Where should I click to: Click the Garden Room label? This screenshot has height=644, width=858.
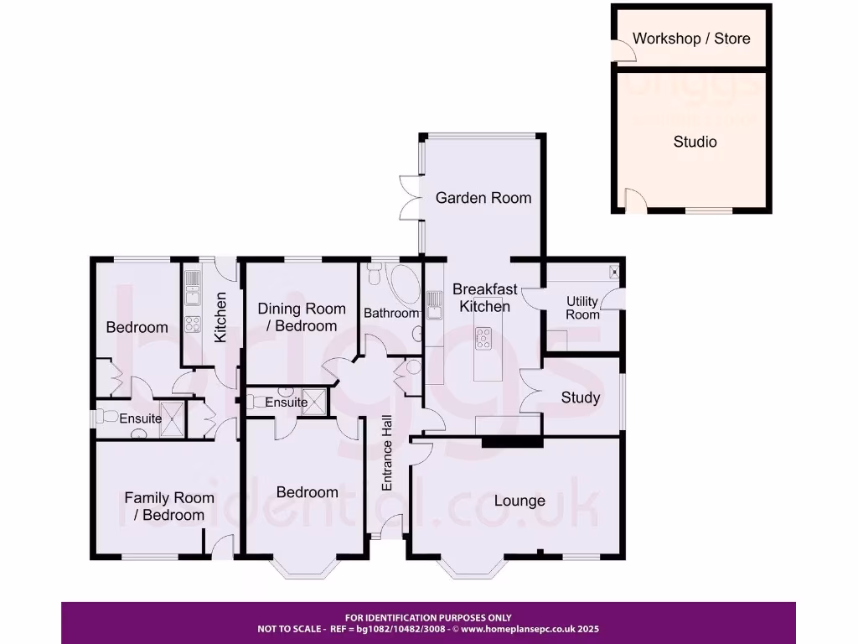(x=483, y=198)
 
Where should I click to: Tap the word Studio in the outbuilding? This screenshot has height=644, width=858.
(x=695, y=142)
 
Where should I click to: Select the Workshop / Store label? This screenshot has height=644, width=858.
(x=691, y=39)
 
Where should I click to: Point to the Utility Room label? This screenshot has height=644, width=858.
(x=582, y=308)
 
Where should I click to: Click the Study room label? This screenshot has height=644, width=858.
(x=581, y=397)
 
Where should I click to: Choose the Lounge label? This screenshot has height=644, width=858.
(x=519, y=501)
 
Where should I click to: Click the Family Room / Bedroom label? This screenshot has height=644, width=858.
(x=169, y=506)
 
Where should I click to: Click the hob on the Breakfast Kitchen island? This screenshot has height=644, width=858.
(x=484, y=338)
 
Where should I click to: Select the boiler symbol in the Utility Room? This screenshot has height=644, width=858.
(x=613, y=271)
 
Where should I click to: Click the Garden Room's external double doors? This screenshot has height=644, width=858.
(x=410, y=198)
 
